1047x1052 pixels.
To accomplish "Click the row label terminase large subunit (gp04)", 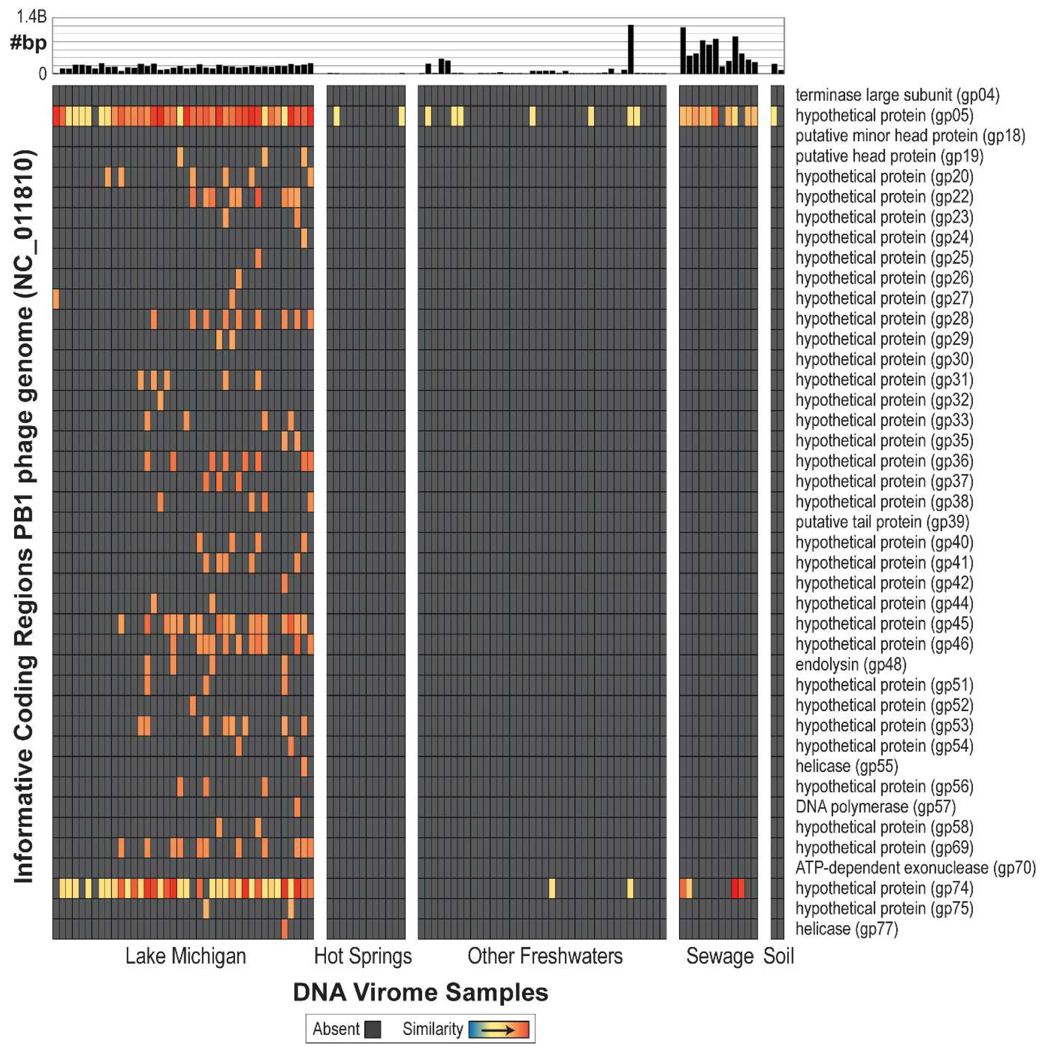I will click(897, 95).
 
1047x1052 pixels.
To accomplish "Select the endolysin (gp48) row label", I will click(851, 664).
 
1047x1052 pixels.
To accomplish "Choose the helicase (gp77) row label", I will click(846, 929).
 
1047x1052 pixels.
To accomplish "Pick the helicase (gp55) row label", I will click(846, 766).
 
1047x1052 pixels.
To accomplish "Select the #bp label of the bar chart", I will click(28, 43).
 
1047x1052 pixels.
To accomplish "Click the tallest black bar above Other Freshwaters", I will click(631, 49).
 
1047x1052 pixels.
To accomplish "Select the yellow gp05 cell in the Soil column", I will click(774, 116).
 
